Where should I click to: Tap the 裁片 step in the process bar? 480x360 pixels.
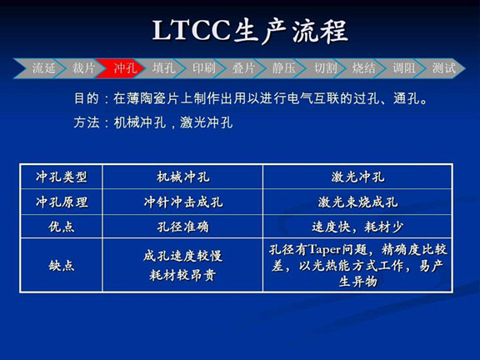pyautogui.click(x=84, y=68)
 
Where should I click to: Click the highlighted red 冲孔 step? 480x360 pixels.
pyautogui.click(x=125, y=68)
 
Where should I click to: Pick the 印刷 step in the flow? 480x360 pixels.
pyautogui.click(x=204, y=68)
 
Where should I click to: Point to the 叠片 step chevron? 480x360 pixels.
pyautogui.click(x=243, y=68)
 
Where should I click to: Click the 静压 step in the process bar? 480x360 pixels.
pyautogui.click(x=283, y=68)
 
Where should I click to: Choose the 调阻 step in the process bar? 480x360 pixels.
pyautogui.click(x=404, y=68)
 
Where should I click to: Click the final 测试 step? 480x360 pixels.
pyautogui.click(x=443, y=68)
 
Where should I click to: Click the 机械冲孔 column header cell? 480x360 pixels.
pyautogui.click(x=182, y=177)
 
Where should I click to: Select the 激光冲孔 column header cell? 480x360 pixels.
pyautogui.click(x=357, y=177)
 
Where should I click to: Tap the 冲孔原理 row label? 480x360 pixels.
pyautogui.click(x=62, y=202)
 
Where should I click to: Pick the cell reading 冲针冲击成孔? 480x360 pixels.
pyautogui.click(x=182, y=202)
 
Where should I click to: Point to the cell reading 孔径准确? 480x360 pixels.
pyautogui.click(x=182, y=226)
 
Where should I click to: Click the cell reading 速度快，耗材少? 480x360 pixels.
pyautogui.click(x=357, y=226)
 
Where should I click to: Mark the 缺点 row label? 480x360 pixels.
pyautogui.click(x=62, y=265)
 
